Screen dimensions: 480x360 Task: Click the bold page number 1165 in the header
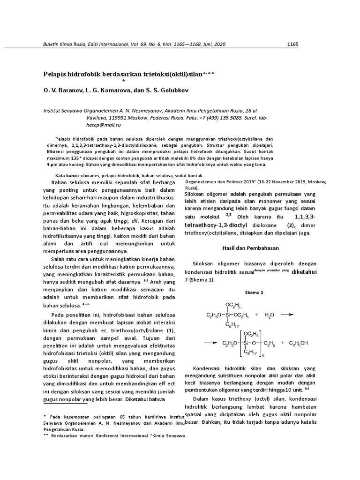coord(292,44)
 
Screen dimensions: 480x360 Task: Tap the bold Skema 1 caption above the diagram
coord(254,292)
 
